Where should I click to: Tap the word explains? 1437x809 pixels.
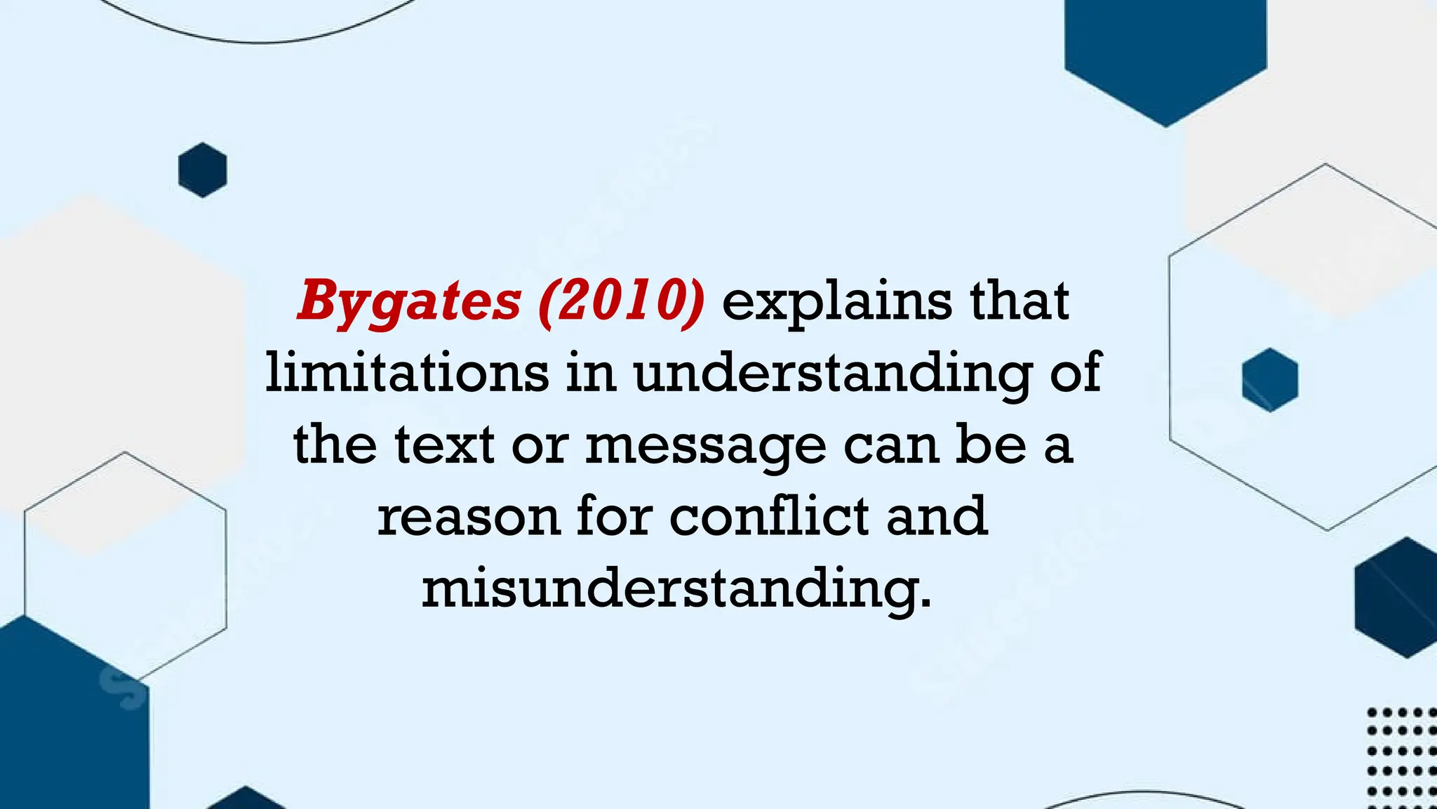[837, 302]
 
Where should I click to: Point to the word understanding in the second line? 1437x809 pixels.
[833, 374]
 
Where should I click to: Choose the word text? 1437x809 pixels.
[444, 445]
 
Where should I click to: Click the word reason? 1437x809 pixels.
[468, 517]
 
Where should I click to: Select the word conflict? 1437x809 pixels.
[769, 515]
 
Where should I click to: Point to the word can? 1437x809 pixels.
[891, 447]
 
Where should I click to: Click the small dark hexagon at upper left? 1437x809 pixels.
[203, 170]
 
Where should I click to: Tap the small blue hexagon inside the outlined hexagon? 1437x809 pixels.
[1269, 380]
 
